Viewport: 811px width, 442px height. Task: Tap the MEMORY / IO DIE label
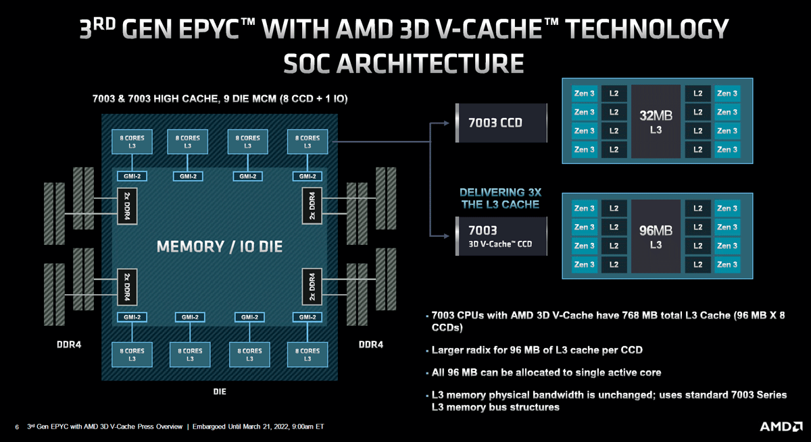[x=220, y=246]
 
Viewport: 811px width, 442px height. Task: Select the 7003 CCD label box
[x=500, y=123]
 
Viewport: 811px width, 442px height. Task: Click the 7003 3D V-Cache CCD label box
[x=500, y=237]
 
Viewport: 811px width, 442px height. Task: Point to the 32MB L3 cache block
[x=656, y=121]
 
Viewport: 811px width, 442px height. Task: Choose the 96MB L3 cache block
[x=656, y=237]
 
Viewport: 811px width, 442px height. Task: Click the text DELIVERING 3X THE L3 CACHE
[x=499, y=198]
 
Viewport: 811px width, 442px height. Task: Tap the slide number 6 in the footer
[x=17, y=427]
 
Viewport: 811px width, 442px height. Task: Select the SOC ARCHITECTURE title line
[x=404, y=63]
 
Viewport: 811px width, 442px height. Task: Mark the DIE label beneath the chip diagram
[x=220, y=391]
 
